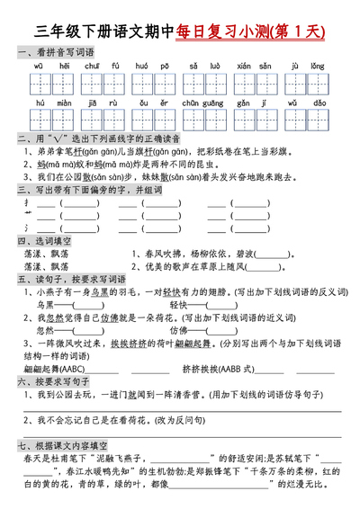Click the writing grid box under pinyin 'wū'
(39, 85)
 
